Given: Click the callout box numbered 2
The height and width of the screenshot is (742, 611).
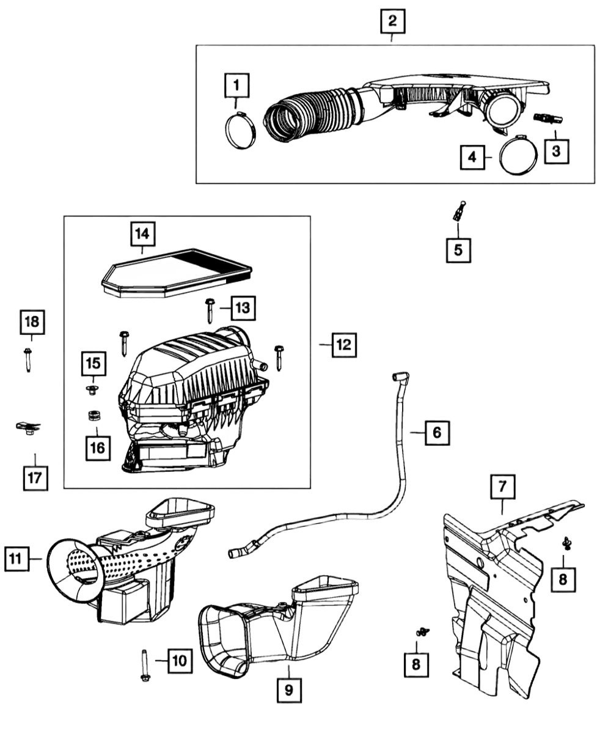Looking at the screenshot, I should tap(392, 21).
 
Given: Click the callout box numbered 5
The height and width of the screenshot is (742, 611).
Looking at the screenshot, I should tap(458, 248).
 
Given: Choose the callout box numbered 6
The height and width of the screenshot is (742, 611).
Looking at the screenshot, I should tap(436, 432).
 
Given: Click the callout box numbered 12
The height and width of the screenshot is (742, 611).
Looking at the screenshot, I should tap(343, 345).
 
